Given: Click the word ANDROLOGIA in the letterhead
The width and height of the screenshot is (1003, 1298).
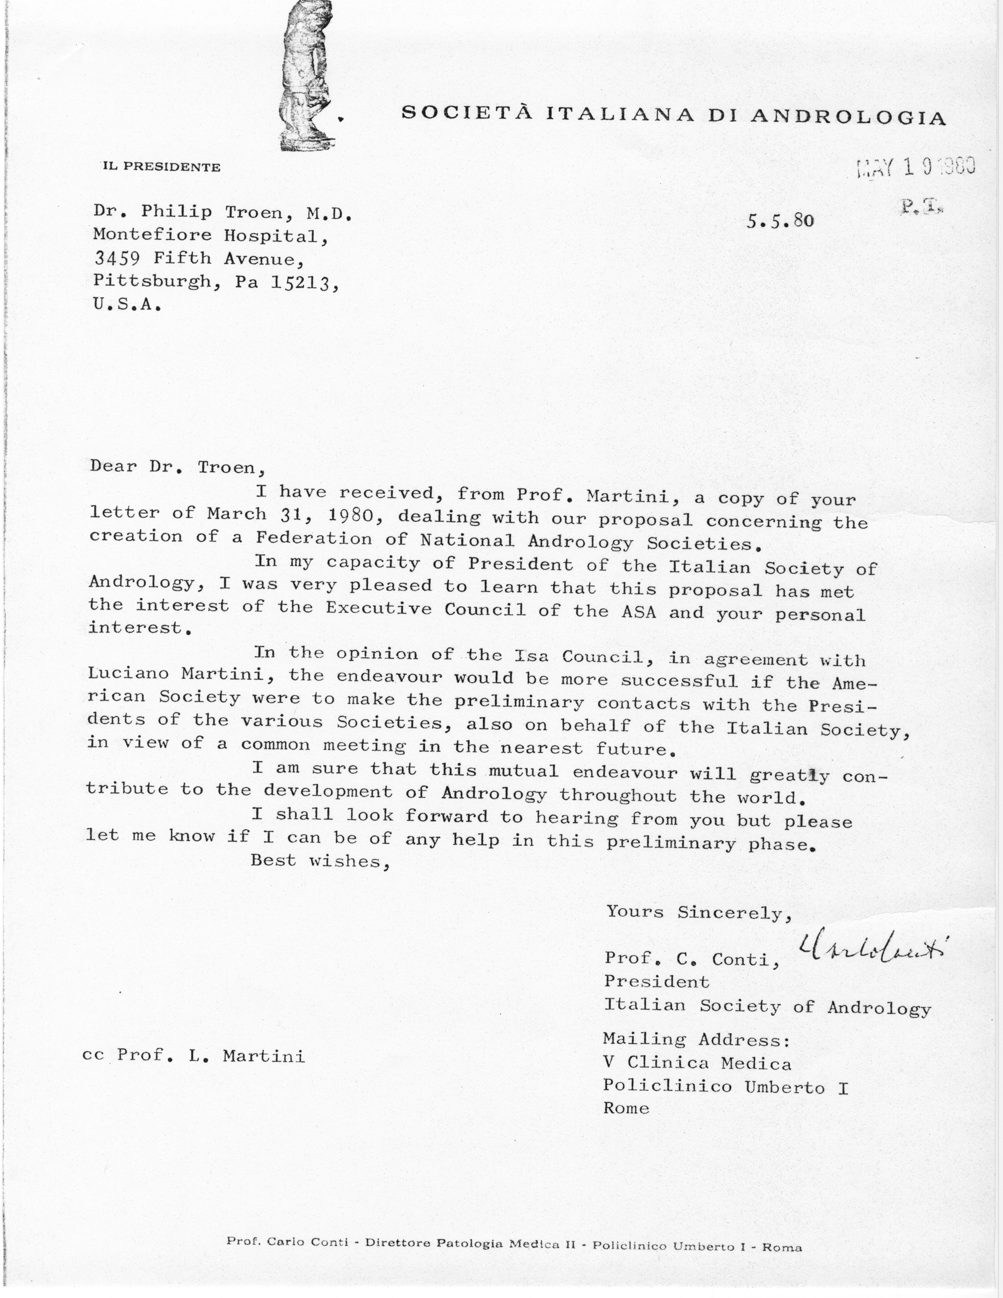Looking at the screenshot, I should (x=848, y=116).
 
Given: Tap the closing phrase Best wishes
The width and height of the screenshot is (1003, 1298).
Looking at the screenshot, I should (x=320, y=861).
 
